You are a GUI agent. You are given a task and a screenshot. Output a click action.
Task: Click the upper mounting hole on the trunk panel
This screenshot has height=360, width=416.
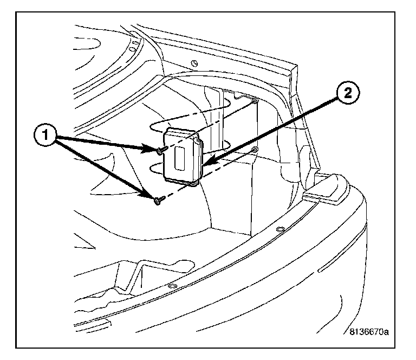click(x=255, y=101)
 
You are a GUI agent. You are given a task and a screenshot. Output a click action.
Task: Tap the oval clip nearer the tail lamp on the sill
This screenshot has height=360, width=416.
click(x=279, y=230)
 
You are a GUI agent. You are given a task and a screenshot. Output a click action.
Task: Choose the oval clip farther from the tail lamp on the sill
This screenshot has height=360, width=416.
click(x=171, y=286)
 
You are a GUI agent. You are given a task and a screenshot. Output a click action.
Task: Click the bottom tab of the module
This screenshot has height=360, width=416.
click(x=192, y=183)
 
